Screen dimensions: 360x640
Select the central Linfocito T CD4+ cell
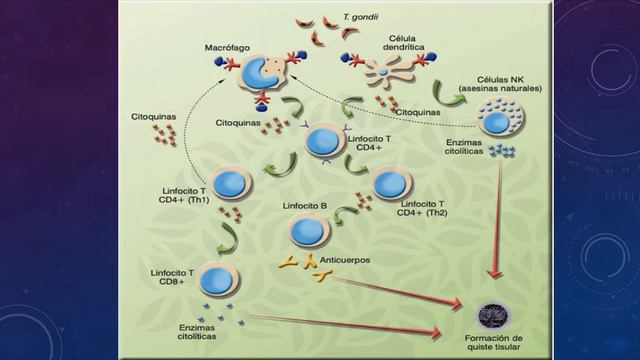point(322,140)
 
